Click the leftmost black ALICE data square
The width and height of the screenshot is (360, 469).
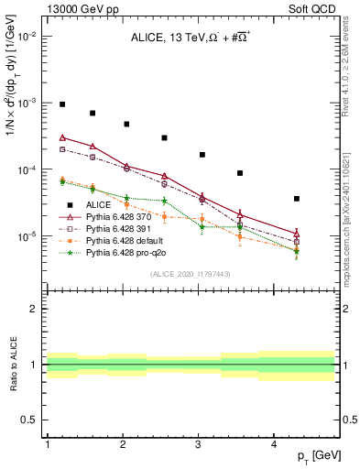tap(62, 104)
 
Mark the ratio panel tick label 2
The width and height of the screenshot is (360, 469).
tap(34, 309)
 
